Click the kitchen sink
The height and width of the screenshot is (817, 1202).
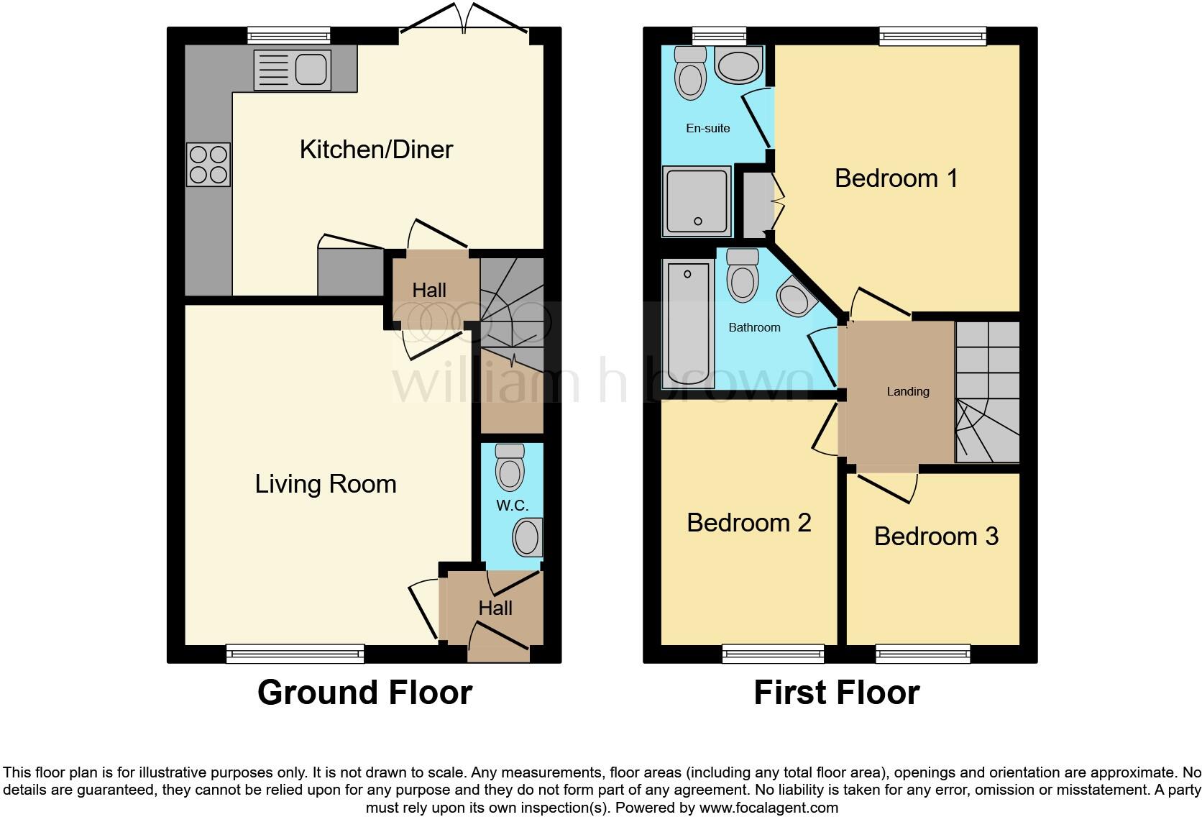click(x=293, y=70)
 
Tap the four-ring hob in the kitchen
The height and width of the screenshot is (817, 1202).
click(x=208, y=165)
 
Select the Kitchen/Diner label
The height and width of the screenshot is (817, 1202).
click(x=376, y=150)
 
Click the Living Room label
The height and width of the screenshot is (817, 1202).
click(x=326, y=484)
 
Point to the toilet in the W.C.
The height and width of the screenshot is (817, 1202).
click(x=510, y=467)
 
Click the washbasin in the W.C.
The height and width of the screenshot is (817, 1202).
click(x=528, y=539)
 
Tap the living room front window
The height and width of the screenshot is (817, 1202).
click(x=295, y=653)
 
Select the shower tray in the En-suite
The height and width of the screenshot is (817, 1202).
click(x=697, y=201)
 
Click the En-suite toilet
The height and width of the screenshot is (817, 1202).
click(x=691, y=73)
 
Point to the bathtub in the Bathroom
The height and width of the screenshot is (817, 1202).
click(x=688, y=324)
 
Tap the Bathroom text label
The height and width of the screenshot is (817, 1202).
click(x=754, y=328)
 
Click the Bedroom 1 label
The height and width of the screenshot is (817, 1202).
click(x=896, y=178)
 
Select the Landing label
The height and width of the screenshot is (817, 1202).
click(x=907, y=392)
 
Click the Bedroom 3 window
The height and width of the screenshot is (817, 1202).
click(x=922, y=653)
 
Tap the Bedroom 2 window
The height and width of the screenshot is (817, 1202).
click(x=773, y=653)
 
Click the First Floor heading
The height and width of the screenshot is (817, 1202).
click(x=836, y=693)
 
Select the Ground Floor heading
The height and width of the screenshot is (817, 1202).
click(x=364, y=693)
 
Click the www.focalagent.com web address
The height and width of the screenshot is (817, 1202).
click(x=768, y=808)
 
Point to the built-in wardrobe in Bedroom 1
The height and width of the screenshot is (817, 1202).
click(x=756, y=204)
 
